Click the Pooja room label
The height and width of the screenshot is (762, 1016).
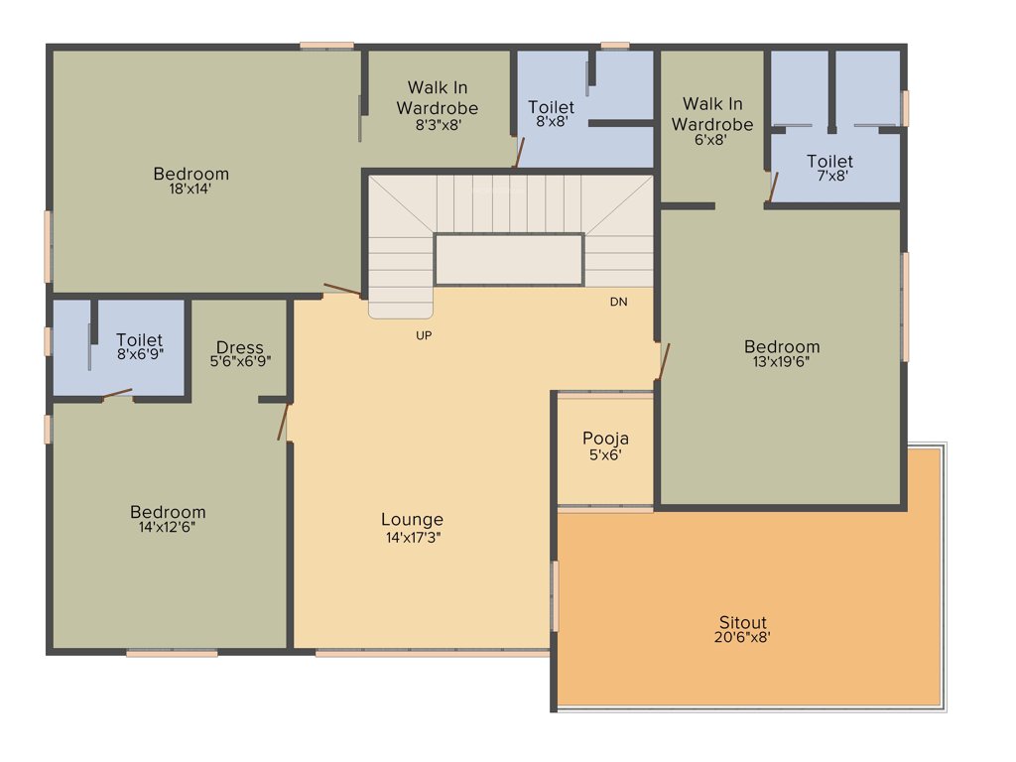605,438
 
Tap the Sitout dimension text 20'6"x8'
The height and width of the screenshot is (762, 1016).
743,638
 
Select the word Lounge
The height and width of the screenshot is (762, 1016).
412,519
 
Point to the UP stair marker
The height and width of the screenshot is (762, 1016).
424,335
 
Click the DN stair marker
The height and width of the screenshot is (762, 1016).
618,302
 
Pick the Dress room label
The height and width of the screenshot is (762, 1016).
240,347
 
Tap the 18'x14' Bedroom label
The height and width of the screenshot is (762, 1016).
190,175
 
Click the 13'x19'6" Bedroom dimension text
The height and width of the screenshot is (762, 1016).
782,361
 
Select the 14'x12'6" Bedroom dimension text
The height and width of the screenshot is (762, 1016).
168,527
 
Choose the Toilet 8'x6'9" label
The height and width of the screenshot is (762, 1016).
139,340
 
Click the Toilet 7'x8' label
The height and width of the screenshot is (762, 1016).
829,161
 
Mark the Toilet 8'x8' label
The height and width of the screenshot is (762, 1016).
551,107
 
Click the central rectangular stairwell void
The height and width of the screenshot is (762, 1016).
508,259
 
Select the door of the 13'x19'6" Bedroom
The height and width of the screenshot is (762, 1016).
665,361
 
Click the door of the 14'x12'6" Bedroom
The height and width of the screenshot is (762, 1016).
283,422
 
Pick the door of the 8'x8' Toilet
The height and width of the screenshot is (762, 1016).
518,154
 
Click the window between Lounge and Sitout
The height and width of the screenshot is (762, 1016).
556,595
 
